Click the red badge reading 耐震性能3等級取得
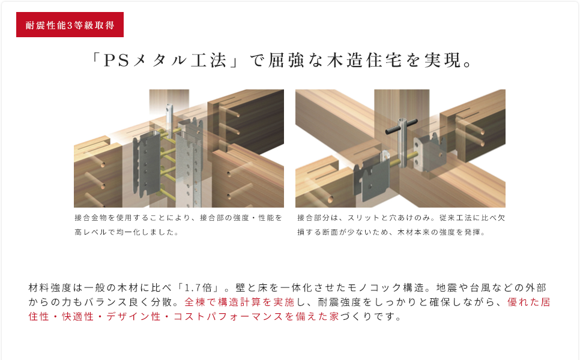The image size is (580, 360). pyautogui.click(x=70, y=25)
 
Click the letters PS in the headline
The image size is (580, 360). pyautogui.click(x=116, y=61)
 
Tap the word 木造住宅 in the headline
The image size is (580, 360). pyautogui.click(x=364, y=61)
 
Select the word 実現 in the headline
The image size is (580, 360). pyautogui.click(x=443, y=61)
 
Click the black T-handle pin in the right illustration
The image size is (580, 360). pyautogui.click(x=401, y=126)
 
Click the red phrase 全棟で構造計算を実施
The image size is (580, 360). pyautogui.click(x=240, y=302)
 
